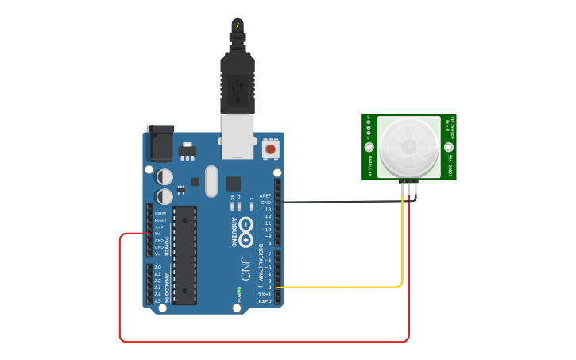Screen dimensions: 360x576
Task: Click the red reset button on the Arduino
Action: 270,149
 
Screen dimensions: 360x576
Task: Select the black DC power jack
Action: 160,144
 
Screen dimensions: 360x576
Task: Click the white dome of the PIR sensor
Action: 409,146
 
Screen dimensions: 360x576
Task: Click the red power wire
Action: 262,342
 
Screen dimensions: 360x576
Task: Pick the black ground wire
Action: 342,202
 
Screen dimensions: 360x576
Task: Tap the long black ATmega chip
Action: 184,254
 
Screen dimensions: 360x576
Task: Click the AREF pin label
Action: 265,195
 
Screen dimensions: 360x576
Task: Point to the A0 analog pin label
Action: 157,268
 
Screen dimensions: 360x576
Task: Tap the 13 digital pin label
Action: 268,209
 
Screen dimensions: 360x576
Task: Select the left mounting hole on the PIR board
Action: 369,148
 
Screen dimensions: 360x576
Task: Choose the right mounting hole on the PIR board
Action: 449,148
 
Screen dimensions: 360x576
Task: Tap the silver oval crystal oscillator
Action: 211,181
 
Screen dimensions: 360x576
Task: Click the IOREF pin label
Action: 160,213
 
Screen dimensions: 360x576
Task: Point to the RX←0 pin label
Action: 265,301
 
